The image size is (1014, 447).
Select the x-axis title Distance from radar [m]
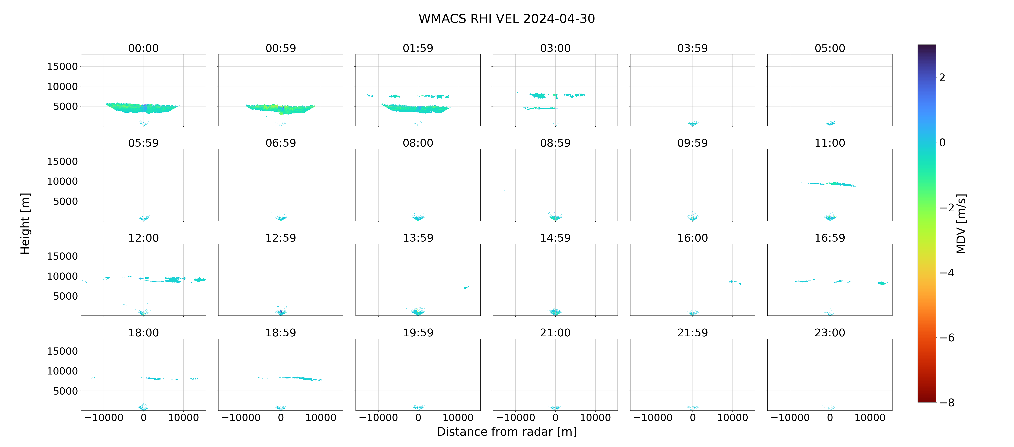(x=507, y=432)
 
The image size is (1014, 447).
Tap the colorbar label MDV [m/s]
(x=961, y=223)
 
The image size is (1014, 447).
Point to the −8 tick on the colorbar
(x=947, y=402)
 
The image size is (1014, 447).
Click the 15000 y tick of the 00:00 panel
(x=63, y=67)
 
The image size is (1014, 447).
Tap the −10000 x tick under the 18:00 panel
(x=104, y=417)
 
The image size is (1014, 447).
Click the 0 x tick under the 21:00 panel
(x=555, y=417)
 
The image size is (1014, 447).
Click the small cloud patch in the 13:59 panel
(x=466, y=287)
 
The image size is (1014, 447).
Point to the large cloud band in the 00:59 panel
(x=281, y=109)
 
